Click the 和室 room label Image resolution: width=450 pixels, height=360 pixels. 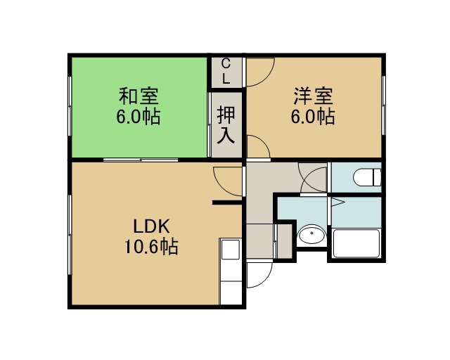click(x=139, y=96)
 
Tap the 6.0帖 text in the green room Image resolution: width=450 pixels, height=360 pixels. click(x=139, y=117)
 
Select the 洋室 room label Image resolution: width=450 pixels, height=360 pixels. click(x=313, y=96)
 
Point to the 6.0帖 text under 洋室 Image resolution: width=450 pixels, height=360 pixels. click(x=313, y=117)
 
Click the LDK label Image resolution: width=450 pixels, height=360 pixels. click(x=152, y=226)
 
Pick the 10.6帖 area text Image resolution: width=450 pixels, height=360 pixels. click(x=151, y=246)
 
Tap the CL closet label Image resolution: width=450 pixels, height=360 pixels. click(x=226, y=71)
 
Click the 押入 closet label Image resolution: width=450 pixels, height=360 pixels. click(x=226, y=124)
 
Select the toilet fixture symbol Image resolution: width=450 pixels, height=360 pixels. click(x=367, y=177)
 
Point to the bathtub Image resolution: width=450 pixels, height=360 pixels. click(x=356, y=243)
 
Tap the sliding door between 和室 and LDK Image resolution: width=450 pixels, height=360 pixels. click(x=141, y=160)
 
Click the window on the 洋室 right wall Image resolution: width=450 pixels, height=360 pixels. click(x=383, y=105)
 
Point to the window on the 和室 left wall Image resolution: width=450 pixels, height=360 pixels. click(x=70, y=106)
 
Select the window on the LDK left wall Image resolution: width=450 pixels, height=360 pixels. click(x=70, y=235)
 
